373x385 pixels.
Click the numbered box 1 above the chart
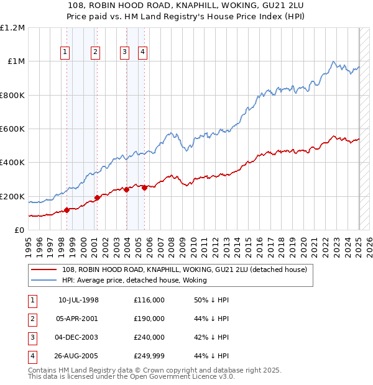65,53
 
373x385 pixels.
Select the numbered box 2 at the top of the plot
95,53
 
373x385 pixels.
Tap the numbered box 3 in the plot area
124,53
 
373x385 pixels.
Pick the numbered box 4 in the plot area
143,53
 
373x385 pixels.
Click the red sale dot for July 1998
67,210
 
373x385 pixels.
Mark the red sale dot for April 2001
96,198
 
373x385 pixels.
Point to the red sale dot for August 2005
144,188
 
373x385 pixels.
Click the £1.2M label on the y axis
12,28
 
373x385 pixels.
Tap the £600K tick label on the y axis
12,129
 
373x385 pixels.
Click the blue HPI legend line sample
44,280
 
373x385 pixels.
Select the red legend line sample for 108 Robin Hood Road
44,270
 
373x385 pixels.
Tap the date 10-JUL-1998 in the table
78,301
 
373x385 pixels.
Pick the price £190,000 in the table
149,319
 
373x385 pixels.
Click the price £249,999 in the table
149,356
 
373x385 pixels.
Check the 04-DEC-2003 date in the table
78,337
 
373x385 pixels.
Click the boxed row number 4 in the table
32,356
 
